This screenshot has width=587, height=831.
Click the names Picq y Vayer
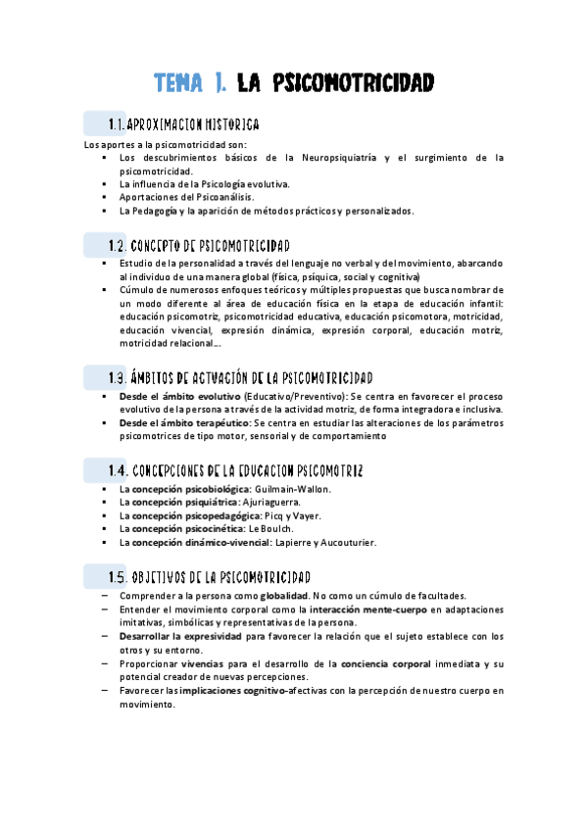(x=293, y=515)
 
